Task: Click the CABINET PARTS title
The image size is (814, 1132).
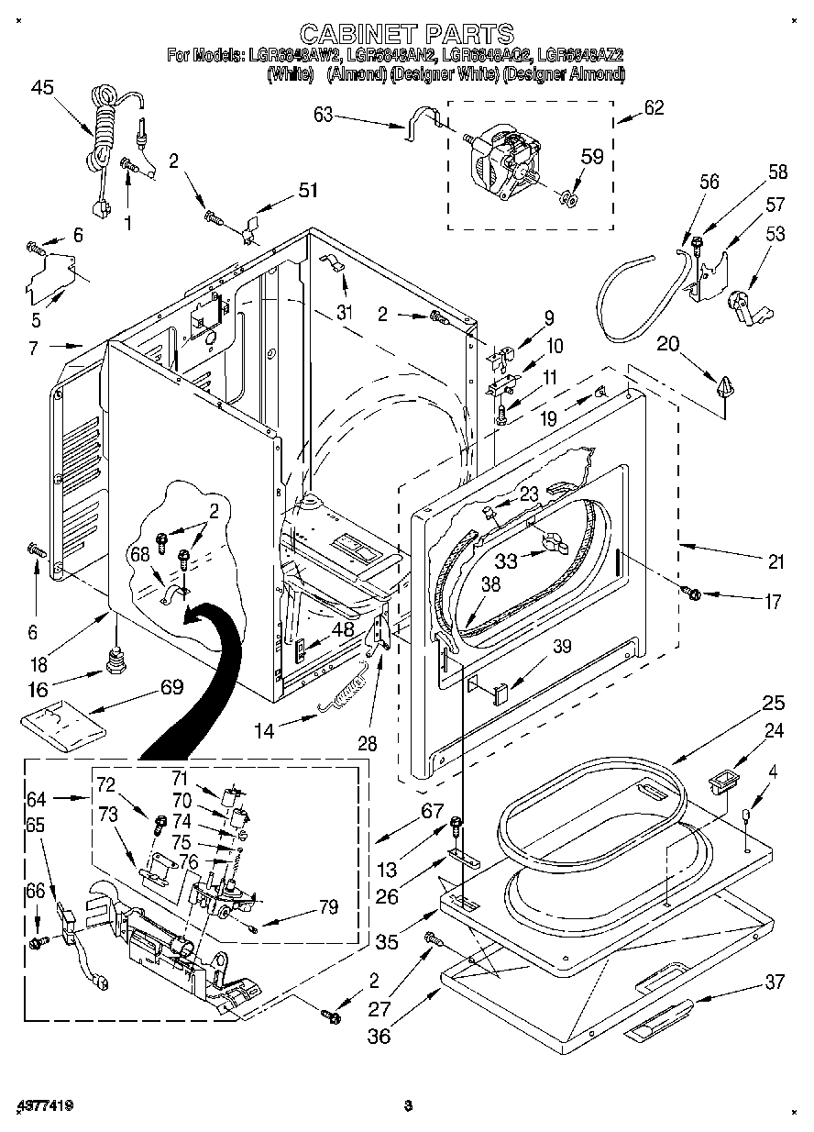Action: [406, 35]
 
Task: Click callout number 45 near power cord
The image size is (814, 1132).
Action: [42, 88]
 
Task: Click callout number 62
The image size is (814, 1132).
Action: [654, 107]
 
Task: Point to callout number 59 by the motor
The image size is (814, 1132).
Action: [592, 157]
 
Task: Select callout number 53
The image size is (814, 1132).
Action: [775, 235]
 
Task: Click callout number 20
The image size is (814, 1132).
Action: [668, 344]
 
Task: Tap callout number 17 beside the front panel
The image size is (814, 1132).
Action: [773, 603]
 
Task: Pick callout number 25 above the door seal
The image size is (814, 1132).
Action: [773, 704]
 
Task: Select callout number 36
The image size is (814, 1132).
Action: [379, 1036]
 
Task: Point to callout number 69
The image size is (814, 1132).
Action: [171, 686]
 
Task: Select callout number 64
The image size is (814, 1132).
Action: [36, 798]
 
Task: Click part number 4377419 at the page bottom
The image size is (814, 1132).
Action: [45, 1104]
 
